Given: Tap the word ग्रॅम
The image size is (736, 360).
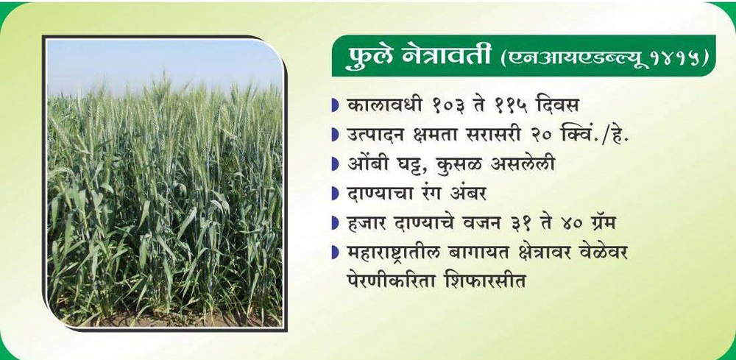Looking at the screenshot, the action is pos(598,225).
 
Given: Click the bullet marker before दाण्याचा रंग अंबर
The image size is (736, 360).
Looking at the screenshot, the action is pos(335,194).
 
